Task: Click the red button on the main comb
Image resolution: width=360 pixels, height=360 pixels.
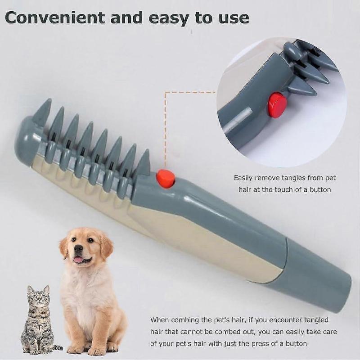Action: click(x=166, y=179)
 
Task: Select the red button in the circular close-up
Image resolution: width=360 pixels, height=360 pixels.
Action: click(x=277, y=105)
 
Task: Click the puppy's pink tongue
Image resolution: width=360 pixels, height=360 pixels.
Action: click(x=79, y=260)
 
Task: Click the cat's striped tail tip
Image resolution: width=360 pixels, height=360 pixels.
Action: click(x=58, y=348)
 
